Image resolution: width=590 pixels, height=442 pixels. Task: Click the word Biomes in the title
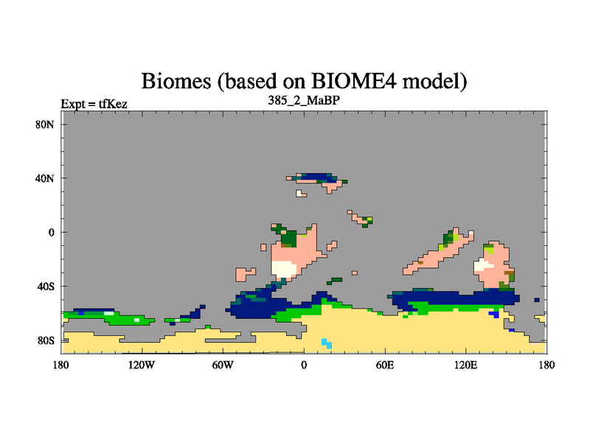(176, 81)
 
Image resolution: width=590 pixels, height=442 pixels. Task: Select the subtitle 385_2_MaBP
(304, 101)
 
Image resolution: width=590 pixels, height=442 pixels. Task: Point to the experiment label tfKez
(113, 104)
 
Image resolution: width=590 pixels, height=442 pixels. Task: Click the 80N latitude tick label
(45, 124)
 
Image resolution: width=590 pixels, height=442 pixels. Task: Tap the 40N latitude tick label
(45, 178)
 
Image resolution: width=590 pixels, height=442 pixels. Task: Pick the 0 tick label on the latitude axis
(52, 233)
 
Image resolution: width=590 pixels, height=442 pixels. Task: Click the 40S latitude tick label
(45, 287)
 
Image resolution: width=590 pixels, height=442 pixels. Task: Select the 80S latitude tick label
(45, 341)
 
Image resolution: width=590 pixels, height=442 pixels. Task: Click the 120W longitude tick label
(142, 365)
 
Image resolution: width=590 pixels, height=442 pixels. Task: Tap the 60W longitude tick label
(223, 365)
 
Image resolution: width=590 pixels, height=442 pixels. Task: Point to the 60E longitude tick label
(385, 365)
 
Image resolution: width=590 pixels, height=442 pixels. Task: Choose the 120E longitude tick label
(466, 365)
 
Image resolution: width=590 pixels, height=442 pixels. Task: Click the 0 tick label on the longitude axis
(304, 365)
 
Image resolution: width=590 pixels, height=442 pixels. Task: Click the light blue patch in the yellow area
(327, 343)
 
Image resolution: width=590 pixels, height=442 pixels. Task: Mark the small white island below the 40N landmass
(300, 194)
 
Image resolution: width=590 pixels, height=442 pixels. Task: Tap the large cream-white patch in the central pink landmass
(284, 269)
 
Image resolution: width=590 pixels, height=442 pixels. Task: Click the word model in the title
(434, 81)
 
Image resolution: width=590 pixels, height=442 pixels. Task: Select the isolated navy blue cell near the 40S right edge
(537, 300)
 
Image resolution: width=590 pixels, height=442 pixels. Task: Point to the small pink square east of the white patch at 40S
(355, 273)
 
